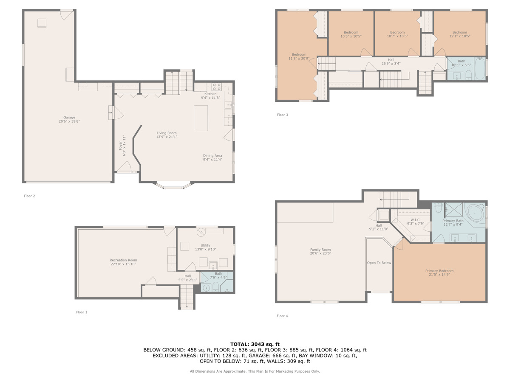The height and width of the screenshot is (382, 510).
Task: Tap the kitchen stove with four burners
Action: (x=216, y=87)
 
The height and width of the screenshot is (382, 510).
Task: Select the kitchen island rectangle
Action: (x=201, y=118)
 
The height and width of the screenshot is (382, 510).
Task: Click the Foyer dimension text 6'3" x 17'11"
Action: (x=124, y=146)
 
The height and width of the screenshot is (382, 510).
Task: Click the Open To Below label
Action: (x=379, y=263)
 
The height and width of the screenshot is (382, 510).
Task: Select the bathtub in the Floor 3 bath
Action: (x=479, y=68)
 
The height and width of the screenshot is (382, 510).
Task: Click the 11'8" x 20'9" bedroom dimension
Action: (x=299, y=59)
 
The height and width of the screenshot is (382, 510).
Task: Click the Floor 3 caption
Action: (x=282, y=115)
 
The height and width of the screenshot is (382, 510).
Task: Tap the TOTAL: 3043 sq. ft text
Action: (x=255, y=344)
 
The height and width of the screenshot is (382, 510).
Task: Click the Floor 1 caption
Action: (x=82, y=312)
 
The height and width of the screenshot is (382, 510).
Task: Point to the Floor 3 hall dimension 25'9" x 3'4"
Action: (x=391, y=63)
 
